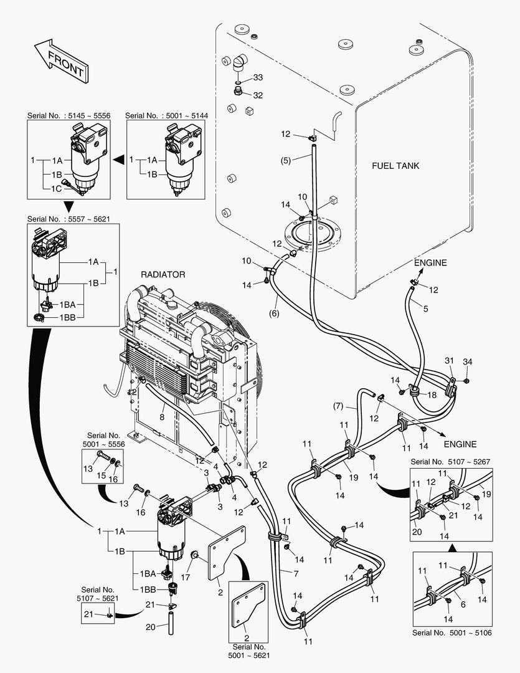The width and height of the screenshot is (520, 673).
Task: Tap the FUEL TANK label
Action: (395, 166)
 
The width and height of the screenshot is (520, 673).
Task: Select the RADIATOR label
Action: (163, 274)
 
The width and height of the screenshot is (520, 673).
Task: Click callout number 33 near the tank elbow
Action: (258, 78)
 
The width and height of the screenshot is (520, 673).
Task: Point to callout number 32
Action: (258, 95)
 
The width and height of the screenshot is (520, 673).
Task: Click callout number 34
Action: (468, 362)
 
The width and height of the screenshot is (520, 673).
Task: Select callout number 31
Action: (450, 362)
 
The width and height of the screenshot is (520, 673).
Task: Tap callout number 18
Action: (432, 394)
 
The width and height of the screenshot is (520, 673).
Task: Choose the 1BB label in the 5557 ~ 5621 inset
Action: (69, 317)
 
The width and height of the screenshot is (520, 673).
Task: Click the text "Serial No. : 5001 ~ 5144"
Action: (166, 115)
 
